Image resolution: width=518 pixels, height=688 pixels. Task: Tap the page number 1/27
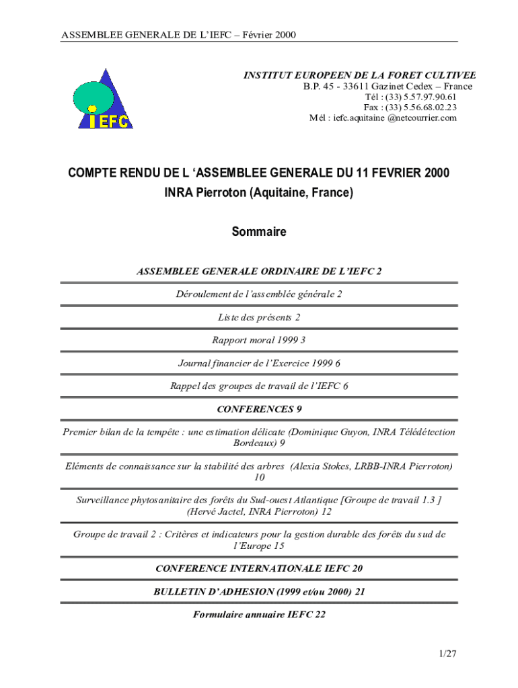pos(447,652)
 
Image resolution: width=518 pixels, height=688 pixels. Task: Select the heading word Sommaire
pos(259,232)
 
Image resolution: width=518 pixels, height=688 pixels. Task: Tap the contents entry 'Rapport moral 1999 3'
pos(259,340)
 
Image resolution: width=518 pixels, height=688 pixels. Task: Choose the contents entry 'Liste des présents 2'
pos(259,317)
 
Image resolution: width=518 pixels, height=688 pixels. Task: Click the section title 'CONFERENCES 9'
pos(259,408)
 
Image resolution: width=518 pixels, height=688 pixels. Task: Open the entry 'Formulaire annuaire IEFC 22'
pos(259,614)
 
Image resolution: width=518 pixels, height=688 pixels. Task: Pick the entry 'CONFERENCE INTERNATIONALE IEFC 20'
pos(259,568)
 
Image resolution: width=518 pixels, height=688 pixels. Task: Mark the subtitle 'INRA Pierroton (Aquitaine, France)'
pos(259,193)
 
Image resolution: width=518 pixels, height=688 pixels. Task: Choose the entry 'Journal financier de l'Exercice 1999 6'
pos(259,363)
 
